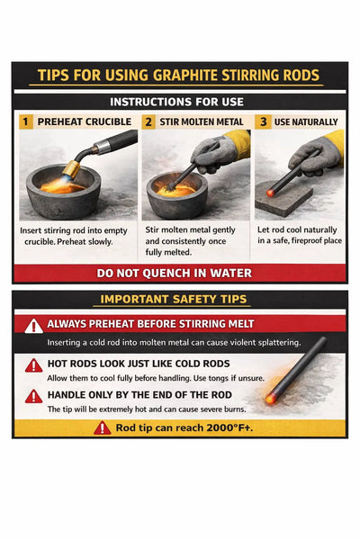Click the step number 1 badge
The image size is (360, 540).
click(25, 121)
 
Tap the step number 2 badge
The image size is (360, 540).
click(148, 121)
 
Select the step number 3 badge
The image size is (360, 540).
click(263, 121)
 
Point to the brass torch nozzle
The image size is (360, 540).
click(72, 169)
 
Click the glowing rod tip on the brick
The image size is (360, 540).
click(270, 193)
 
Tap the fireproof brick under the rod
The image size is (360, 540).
click(283, 199)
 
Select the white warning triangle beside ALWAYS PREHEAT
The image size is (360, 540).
click(34, 326)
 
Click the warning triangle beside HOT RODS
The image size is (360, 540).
click(34, 365)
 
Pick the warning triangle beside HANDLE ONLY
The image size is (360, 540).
click(34, 397)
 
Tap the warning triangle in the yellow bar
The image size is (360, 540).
click(103, 428)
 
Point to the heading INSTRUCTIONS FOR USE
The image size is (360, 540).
click(176, 102)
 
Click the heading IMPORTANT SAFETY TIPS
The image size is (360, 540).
click(174, 299)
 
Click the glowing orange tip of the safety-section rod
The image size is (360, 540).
click(270, 399)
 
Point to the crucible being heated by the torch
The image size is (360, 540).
click(63, 193)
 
